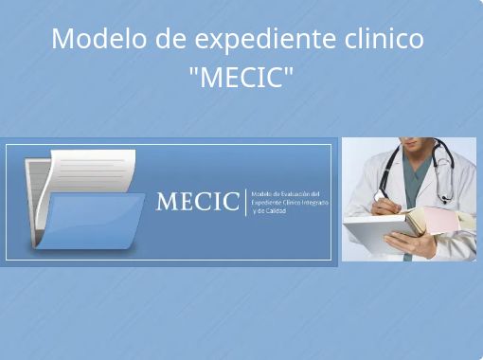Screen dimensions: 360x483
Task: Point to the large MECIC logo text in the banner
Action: pos(197,202)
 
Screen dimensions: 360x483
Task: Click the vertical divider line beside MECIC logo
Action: pos(245,202)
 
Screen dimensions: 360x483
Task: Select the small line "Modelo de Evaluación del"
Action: pos(286,193)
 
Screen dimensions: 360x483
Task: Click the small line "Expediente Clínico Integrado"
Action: pos(290,202)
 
